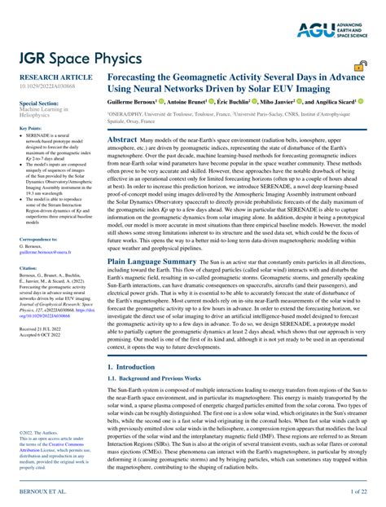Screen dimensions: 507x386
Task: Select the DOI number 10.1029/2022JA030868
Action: pyautogui.click(x=47, y=88)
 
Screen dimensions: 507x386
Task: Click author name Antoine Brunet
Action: pyautogui.click(x=195, y=104)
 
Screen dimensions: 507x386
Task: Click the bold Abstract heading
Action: pyautogui.click(x=122, y=140)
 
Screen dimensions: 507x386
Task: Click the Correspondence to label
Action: pyautogui.click(x=38, y=239)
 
